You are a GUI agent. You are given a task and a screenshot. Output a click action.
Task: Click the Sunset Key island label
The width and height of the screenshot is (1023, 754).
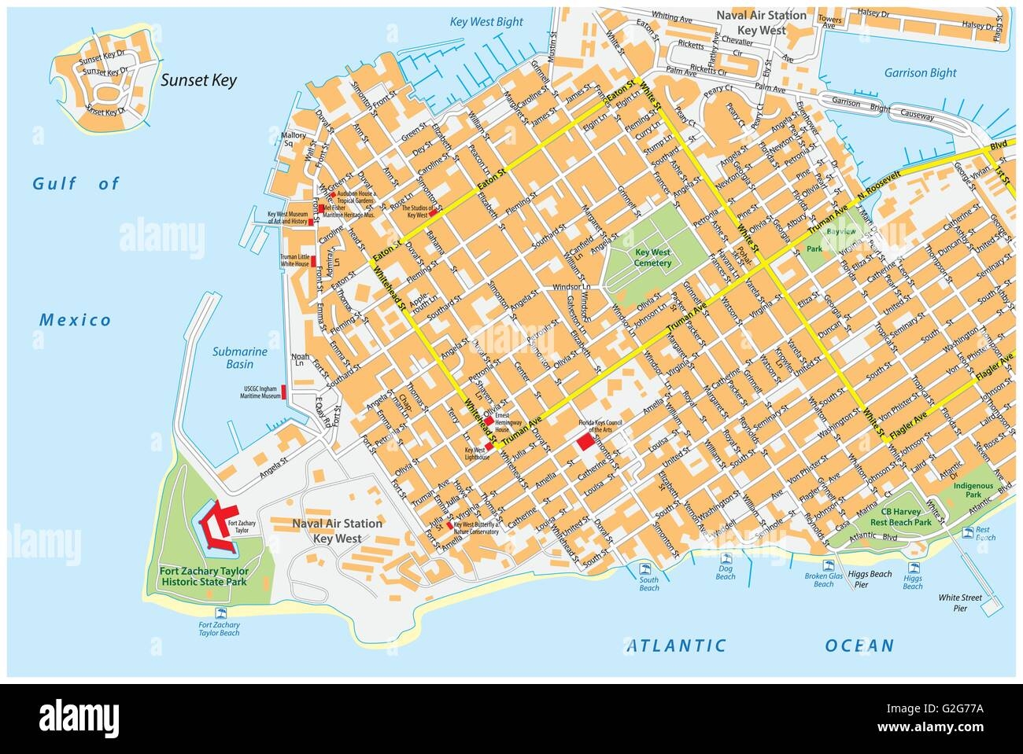click(x=198, y=79)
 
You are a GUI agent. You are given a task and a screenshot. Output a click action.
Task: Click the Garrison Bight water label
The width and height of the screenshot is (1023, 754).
click(x=919, y=72)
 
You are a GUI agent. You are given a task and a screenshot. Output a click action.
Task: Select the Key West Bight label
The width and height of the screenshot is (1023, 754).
click(x=486, y=22)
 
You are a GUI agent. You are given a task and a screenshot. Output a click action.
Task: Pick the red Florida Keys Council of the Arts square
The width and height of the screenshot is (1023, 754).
click(x=585, y=441)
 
